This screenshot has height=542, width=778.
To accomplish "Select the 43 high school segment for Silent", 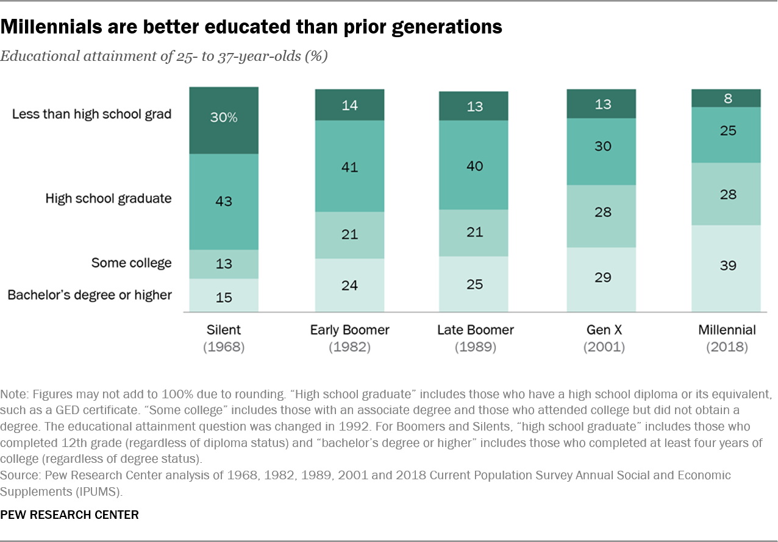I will coord(224,202).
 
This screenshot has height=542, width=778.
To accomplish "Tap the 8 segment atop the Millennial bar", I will coord(726,98).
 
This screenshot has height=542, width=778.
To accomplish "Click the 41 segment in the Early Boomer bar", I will coord(349,166).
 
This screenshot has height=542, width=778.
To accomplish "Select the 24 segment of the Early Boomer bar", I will coord(349,285).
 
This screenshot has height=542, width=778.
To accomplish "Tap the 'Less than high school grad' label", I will coord(91,114).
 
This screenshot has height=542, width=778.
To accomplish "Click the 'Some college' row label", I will coord(131,263).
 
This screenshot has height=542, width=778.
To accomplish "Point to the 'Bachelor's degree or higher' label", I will coord(90,295).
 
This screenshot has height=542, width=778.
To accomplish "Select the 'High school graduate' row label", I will coord(109,198).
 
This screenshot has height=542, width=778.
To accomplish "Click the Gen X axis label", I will coord(601,330).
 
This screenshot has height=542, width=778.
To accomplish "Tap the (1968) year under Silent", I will coord(224,348).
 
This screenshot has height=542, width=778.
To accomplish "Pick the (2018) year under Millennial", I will coord(726,348).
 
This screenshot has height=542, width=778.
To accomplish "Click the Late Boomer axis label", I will coord(475,330).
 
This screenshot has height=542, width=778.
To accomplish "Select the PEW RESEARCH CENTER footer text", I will coord(70,515).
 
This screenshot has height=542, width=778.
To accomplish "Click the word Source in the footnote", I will coord(18,474).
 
